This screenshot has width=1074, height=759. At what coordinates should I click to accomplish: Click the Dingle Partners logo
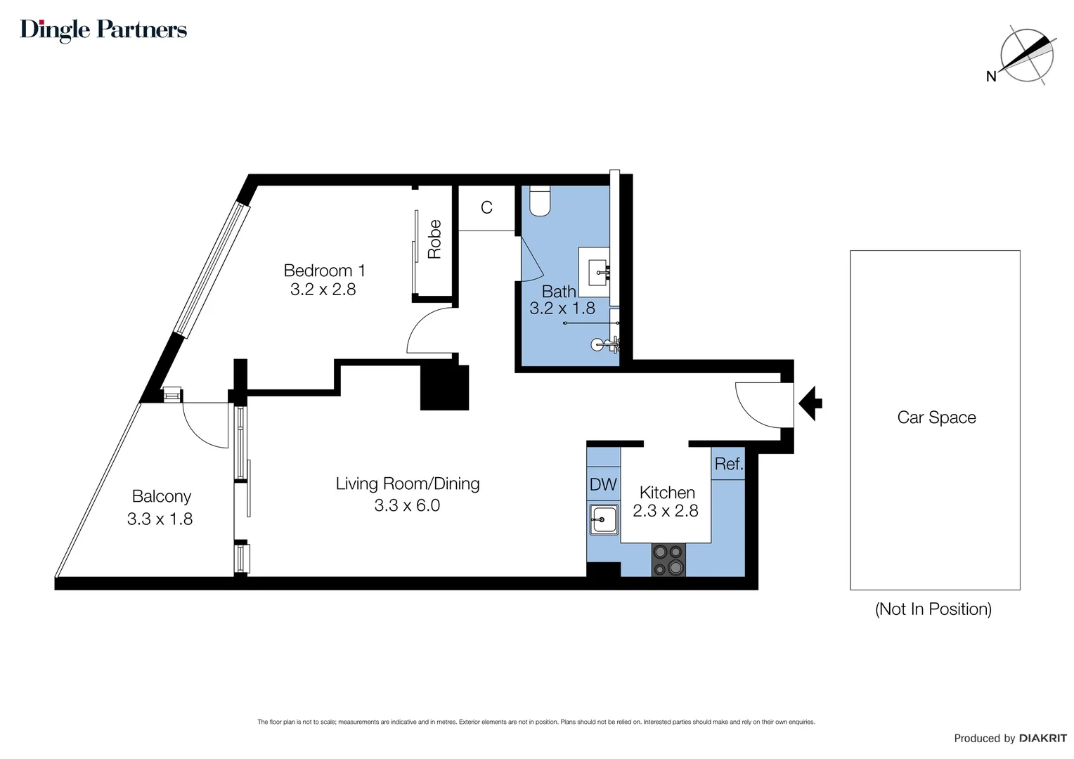click(103, 30)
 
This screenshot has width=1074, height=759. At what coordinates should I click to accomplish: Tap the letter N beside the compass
click(991, 76)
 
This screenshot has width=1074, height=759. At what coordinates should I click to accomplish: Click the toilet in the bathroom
click(540, 201)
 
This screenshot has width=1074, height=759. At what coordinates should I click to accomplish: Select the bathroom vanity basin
click(598, 273)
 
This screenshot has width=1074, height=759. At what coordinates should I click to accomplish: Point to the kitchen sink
click(604, 519)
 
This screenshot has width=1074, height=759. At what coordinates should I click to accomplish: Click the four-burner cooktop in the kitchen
click(668, 559)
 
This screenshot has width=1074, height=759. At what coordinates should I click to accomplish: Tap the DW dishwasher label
click(603, 484)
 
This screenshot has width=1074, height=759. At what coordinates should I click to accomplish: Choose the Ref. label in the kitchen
click(729, 464)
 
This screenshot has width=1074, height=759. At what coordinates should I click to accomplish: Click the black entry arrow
click(810, 403)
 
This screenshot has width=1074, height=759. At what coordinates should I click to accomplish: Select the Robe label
click(434, 239)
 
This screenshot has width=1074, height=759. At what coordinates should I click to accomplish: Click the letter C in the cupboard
click(486, 207)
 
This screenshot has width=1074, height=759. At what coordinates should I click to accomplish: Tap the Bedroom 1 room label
click(325, 271)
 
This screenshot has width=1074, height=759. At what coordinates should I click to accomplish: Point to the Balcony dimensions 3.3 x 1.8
click(160, 519)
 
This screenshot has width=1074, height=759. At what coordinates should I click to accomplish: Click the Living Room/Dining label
click(408, 484)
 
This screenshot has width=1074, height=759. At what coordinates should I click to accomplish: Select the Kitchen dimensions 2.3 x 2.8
click(666, 511)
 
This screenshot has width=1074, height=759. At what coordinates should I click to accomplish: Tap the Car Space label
click(936, 417)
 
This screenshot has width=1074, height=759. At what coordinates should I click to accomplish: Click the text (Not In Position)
click(933, 609)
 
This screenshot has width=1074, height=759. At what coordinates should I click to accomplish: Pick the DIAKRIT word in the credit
click(1043, 739)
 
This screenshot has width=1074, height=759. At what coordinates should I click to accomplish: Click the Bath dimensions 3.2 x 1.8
click(562, 309)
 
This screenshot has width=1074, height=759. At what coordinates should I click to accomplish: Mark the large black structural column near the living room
click(444, 387)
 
